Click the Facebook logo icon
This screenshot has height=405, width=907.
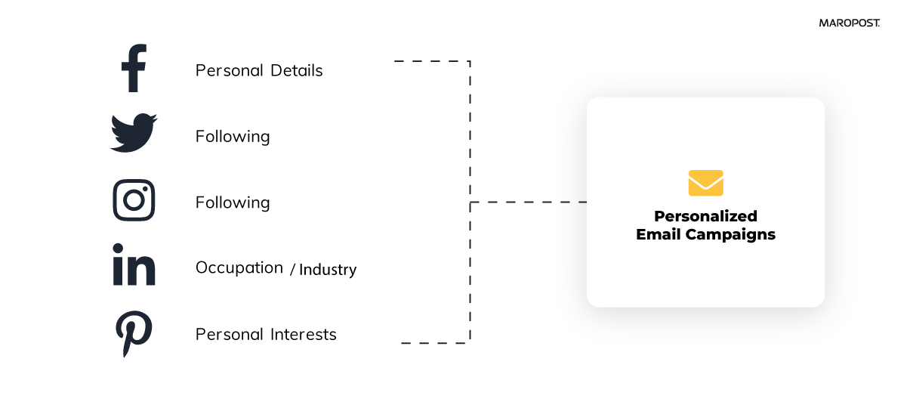(x=134, y=69)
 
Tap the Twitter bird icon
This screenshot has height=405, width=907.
(x=134, y=133)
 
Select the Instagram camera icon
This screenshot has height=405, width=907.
(x=134, y=200)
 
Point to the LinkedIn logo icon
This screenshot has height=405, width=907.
(x=134, y=264)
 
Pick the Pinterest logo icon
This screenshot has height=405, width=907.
(x=134, y=333)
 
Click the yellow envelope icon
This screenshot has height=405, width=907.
(x=705, y=183)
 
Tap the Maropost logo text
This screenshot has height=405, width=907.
(x=849, y=23)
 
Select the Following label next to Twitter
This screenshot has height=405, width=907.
(x=232, y=137)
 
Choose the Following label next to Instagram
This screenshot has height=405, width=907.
(x=232, y=203)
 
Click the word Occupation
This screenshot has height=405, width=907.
(x=239, y=268)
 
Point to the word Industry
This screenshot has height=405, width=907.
(x=328, y=270)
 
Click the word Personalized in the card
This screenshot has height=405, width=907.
(x=705, y=217)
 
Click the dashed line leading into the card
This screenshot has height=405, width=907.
(x=529, y=202)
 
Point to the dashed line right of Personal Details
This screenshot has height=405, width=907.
(x=430, y=61)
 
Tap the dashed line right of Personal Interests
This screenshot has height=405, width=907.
(x=434, y=343)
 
